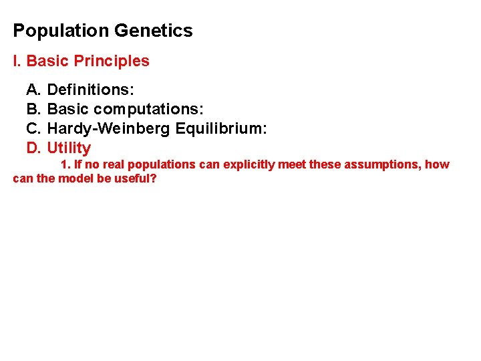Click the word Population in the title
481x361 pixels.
click(x=61, y=31)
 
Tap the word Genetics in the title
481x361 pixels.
click(x=153, y=31)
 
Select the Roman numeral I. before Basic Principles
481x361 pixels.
click(x=17, y=61)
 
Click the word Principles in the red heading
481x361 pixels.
click(x=112, y=61)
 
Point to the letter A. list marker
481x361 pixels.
click(x=33, y=89)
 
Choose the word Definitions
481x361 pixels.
click(x=89, y=89)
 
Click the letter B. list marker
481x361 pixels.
click(x=33, y=109)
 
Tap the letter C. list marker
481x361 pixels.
click(x=33, y=128)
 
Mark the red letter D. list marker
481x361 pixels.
click(x=33, y=148)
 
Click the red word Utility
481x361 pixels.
click(x=69, y=148)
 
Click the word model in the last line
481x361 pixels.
click(x=76, y=179)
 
